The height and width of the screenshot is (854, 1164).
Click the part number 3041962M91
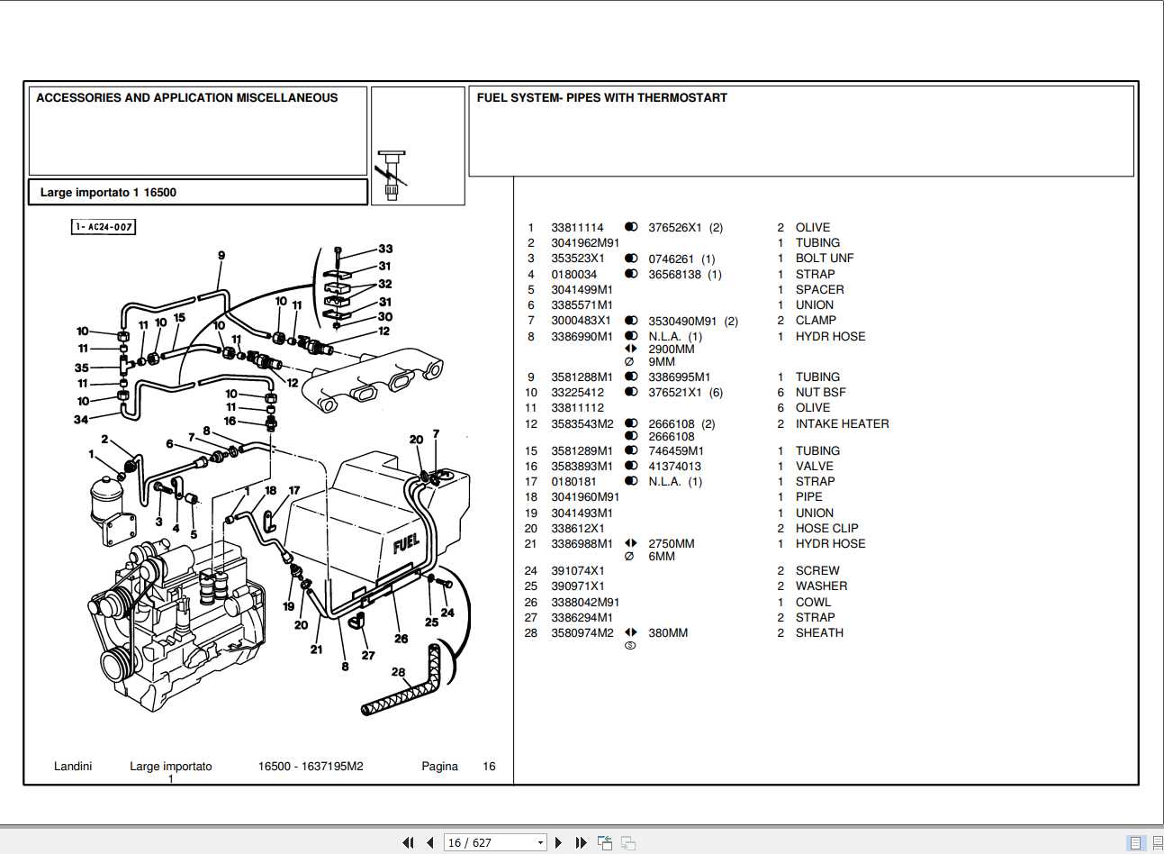click(585, 243)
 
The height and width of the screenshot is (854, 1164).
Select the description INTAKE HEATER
click(842, 423)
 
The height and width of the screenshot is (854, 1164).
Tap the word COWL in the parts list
click(813, 602)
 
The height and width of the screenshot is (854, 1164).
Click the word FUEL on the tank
click(406, 543)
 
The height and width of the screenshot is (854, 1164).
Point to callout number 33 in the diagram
click(385, 249)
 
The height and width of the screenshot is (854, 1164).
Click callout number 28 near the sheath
click(398, 671)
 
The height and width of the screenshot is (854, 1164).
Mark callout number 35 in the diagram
click(82, 368)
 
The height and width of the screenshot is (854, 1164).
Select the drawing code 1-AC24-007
click(104, 227)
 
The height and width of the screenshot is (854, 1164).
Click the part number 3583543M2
click(582, 423)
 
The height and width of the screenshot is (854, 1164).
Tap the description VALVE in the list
click(814, 466)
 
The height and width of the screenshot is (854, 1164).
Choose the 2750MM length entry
click(671, 543)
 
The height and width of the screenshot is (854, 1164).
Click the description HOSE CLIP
click(826, 528)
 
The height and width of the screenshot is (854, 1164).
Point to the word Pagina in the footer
click(439, 767)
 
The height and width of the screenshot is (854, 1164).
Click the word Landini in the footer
click(73, 767)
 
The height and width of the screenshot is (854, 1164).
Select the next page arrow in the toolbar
click(558, 842)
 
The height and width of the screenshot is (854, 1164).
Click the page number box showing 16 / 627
click(494, 842)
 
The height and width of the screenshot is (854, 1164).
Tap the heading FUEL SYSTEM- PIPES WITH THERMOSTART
click(601, 98)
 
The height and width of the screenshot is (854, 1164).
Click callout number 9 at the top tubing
click(221, 256)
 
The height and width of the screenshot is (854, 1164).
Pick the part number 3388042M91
click(585, 602)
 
